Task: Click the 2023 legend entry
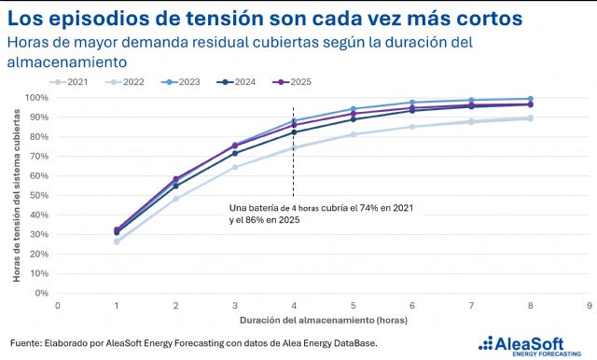pyautogui.click(x=180, y=82)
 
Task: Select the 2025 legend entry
pyautogui.click(x=292, y=82)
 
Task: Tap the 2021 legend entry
pyautogui.click(x=68, y=82)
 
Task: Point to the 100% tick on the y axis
pyautogui.click(x=36, y=98)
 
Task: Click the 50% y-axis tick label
pyautogui.click(x=39, y=196)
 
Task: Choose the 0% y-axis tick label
pyautogui.click(x=41, y=294)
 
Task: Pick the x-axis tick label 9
pyautogui.click(x=590, y=306)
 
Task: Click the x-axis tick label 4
pyautogui.click(x=294, y=306)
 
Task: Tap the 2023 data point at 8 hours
pyautogui.click(x=531, y=99)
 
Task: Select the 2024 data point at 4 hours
pyautogui.click(x=294, y=132)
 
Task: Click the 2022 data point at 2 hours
pyautogui.click(x=175, y=199)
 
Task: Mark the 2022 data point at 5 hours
pyautogui.click(x=353, y=134)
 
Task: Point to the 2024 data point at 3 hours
pyautogui.click(x=235, y=153)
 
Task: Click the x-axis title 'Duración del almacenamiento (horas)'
pyautogui.click(x=324, y=320)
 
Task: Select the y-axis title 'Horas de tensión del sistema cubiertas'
pyautogui.click(x=17, y=196)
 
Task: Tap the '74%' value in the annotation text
pyautogui.click(x=368, y=208)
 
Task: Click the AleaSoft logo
pyautogui.click(x=530, y=346)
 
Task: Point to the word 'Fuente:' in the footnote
pyautogui.click(x=26, y=343)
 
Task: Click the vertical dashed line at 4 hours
pyautogui.click(x=293, y=152)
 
